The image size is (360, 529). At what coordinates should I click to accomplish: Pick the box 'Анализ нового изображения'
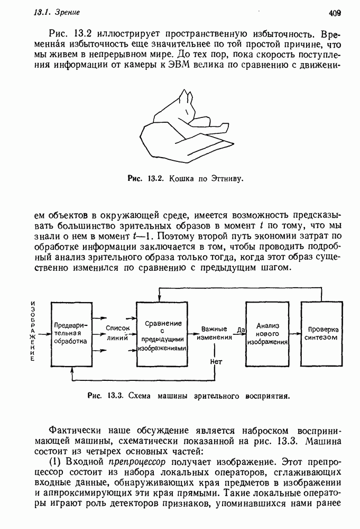267,333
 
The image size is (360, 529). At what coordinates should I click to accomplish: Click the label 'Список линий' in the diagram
118,332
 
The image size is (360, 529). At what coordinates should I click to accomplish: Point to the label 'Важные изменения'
214,333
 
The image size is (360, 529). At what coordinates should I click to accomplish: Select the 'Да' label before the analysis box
241,330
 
